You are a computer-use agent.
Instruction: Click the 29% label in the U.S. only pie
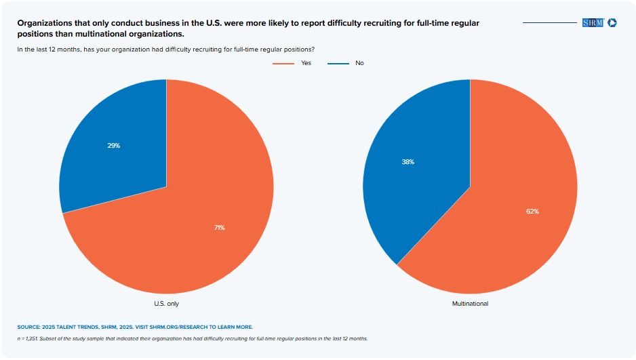pyautogui.click(x=113, y=146)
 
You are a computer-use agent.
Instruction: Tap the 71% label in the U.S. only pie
pyautogui.click(x=219, y=228)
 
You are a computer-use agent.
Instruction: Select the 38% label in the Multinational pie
pyautogui.click(x=408, y=162)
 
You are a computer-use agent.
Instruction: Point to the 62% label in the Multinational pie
pyautogui.click(x=532, y=212)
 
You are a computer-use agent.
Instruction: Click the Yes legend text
pyautogui.click(x=306, y=63)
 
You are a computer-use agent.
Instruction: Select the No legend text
pyautogui.click(x=359, y=63)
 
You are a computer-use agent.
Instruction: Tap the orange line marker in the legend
pyautogui.click(x=283, y=63)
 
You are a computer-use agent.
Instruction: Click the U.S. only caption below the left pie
pyautogui.click(x=166, y=304)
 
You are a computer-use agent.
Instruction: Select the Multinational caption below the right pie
pyautogui.click(x=470, y=304)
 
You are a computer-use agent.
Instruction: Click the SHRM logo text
pyautogui.click(x=593, y=23)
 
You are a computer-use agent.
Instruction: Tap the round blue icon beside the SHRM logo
pyautogui.click(x=612, y=23)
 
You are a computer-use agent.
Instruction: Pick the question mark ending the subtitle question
pyautogui.click(x=313, y=49)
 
